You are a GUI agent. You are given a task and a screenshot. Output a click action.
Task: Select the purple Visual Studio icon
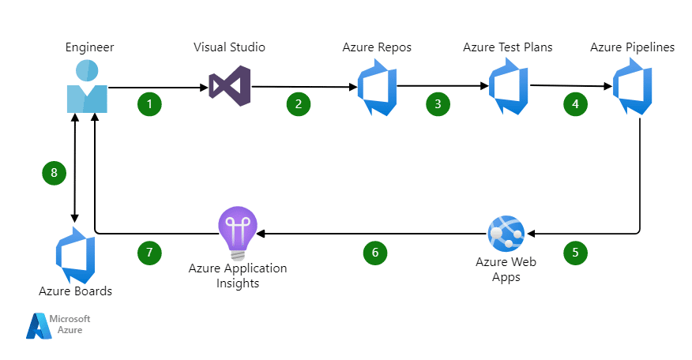(230, 87)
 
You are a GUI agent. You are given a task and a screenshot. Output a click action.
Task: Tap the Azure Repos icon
(376, 88)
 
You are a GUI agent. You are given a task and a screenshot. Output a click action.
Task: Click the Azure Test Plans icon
(507, 88)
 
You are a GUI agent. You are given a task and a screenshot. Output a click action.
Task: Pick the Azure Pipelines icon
(632, 87)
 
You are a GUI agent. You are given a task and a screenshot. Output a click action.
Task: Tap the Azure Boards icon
(75, 254)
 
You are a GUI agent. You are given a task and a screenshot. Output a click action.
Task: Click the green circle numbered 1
(149, 103)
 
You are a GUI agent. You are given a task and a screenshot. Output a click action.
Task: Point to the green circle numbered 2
(298, 103)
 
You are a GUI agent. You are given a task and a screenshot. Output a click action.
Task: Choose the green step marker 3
(437, 103)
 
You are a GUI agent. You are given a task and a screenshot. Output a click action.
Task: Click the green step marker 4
(575, 103)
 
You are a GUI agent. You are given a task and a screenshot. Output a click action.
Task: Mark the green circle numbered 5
(575, 252)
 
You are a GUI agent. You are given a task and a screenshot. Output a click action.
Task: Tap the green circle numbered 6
(375, 252)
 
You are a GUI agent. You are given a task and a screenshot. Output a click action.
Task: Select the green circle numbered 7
(149, 252)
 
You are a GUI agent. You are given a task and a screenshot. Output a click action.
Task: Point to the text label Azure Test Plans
(507, 47)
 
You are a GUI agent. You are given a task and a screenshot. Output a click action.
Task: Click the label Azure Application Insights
(237, 276)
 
